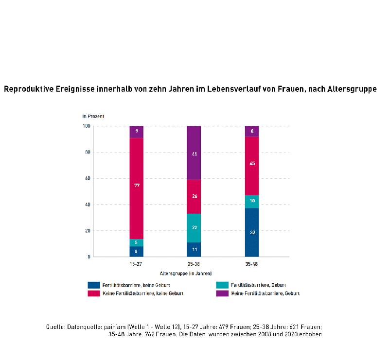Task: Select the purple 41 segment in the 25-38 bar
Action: click(194, 153)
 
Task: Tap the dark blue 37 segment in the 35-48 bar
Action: click(252, 232)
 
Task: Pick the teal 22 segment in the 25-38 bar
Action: click(194, 227)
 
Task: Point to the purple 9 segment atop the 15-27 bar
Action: click(137, 132)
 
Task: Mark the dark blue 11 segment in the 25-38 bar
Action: click(194, 249)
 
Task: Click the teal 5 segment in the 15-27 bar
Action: click(137, 242)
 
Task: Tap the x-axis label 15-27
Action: click(137, 264)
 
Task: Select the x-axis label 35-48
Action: click(252, 264)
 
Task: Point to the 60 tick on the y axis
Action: click(88, 178)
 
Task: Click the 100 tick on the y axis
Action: click(87, 126)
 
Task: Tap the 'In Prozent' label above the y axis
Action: click(93, 117)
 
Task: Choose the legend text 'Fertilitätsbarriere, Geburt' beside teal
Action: click(258, 285)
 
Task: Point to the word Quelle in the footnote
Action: click(54, 327)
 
